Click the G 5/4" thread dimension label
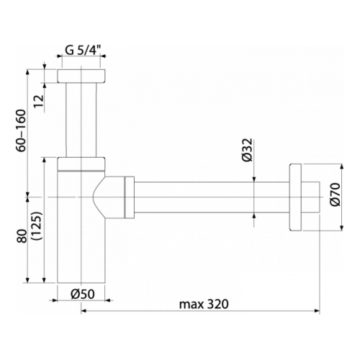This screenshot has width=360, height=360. coord(83,50)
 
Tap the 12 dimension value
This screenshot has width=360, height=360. coord(39,101)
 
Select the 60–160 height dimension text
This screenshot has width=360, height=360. coord(21,130)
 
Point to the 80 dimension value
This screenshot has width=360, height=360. coord(22,237)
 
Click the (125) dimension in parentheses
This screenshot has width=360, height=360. coord(37,226)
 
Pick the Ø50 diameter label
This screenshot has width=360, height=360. coord(83,294)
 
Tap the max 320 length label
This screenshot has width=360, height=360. coord(204,305)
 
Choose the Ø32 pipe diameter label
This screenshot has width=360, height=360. coord(248,150)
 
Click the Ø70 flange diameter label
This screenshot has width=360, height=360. coord(335,194)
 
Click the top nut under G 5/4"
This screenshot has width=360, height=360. coord(81,76)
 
